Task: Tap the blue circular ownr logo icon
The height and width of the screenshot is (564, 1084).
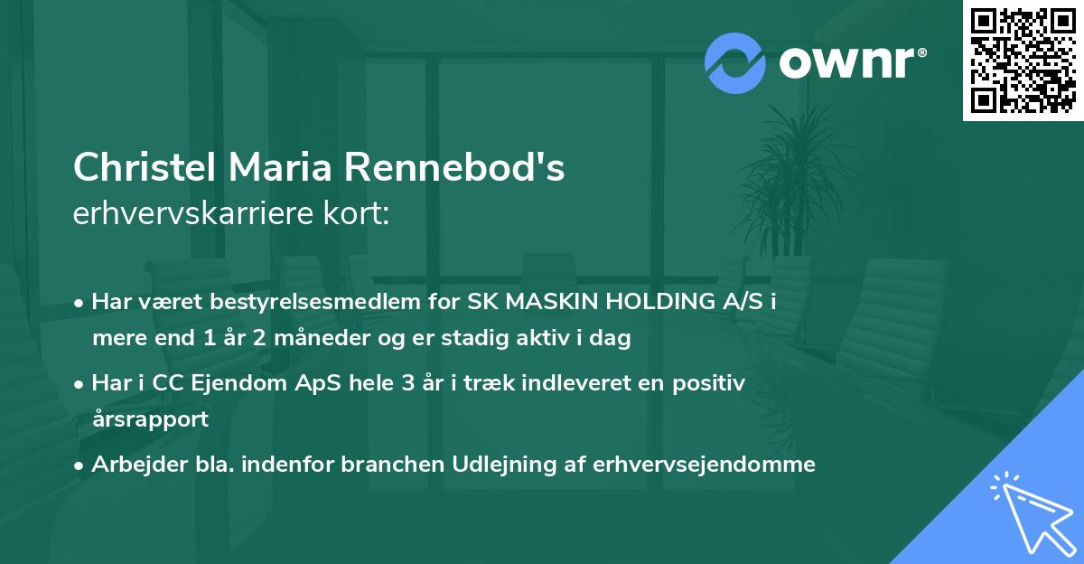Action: [x=735, y=62]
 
